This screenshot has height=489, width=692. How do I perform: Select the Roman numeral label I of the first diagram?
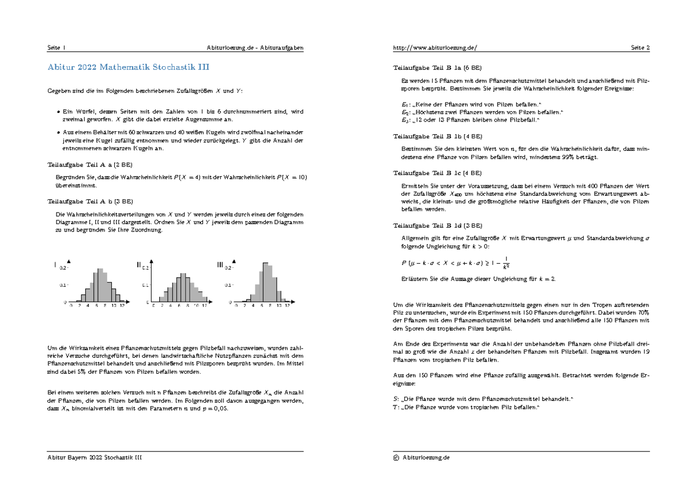[x=56, y=265]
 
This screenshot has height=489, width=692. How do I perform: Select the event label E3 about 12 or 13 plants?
[x=405, y=120]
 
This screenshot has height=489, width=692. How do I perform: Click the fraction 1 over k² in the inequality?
[x=505, y=263]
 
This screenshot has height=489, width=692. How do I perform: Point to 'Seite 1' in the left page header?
[x=57, y=48]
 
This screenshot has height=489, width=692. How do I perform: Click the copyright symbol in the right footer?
[x=396, y=457]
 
